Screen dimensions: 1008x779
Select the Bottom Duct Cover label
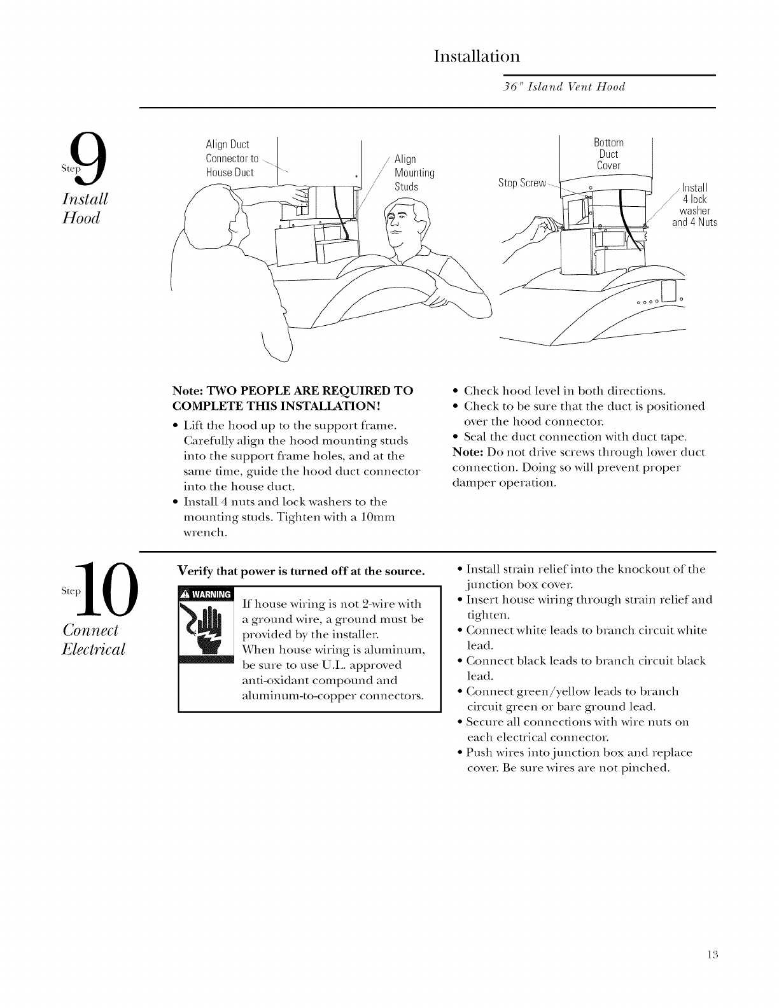608,153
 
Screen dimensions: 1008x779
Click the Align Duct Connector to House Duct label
230,158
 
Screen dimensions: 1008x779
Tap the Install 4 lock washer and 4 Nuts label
694,205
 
